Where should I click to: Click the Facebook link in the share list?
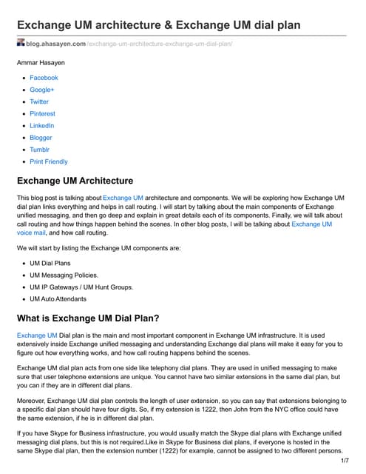coord(44,78)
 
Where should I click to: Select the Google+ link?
coord(42,90)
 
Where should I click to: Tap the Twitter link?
coord(39,101)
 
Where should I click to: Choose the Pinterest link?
coord(42,113)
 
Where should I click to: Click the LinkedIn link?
coord(42,126)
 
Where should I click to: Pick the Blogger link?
coord(41,138)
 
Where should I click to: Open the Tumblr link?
coord(40,150)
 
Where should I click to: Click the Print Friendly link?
coord(48,161)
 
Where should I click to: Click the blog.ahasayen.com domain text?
coord(56,44)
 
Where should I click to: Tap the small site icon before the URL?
coord(21,44)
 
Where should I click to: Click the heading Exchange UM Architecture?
coord(75,181)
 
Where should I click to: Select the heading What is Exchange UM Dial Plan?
coord(95,318)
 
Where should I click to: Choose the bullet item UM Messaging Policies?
coord(64,275)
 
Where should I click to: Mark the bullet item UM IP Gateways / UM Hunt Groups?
coord(81,287)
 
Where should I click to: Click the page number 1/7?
coord(344,461)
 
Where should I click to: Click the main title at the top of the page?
coord(158,24)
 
